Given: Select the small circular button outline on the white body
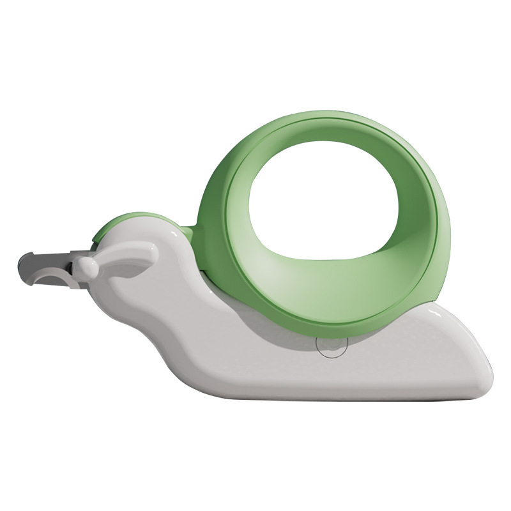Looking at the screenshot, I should (332, 346).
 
